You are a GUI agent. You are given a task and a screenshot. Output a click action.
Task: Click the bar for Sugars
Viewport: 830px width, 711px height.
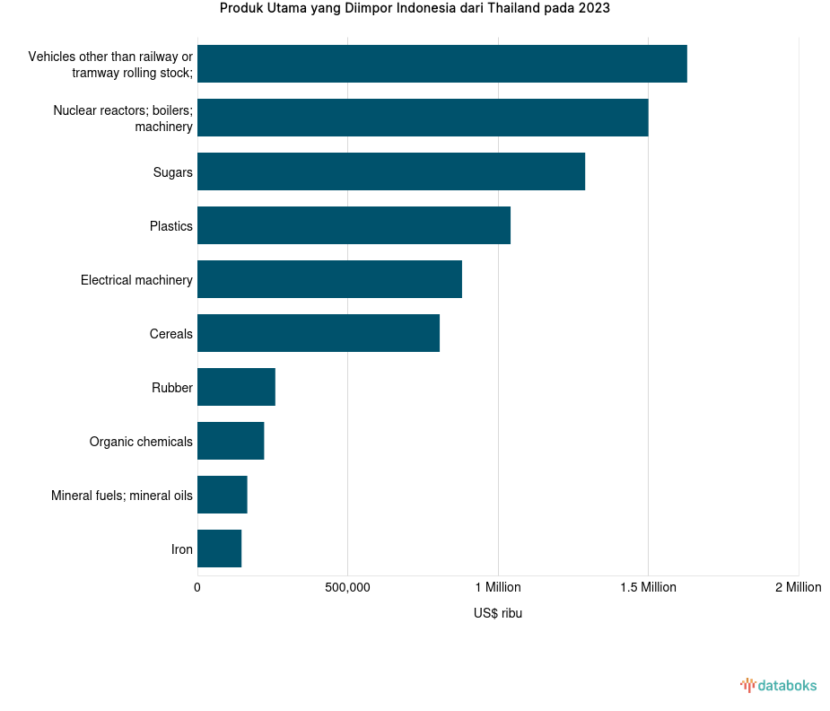pyautogui.click(x=390, y=171)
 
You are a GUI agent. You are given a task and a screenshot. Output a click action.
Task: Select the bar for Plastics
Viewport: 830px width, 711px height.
pyautogui.click(x=354, y=225)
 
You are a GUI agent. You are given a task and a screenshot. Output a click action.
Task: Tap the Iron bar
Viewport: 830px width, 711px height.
pyautogui.click(x=219, y=549)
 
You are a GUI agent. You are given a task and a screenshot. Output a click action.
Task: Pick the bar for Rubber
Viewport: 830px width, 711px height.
pyautogui.click(x=236, y=387)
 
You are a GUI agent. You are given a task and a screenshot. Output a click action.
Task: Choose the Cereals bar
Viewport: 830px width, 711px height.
pyautogui.click(x=319, y=333)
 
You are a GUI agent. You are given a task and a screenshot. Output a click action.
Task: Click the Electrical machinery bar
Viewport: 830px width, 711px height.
pyautogui.click(x=329, y=279)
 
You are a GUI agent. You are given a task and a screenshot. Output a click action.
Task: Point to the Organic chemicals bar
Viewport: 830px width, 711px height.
pyautogui.click(x=231, y=441)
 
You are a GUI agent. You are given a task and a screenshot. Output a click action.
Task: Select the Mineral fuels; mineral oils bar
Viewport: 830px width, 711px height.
pyautogui.click(x=222, y=495)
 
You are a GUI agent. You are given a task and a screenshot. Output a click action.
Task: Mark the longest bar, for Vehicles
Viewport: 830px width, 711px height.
pyautogui.click(x=441, y=64)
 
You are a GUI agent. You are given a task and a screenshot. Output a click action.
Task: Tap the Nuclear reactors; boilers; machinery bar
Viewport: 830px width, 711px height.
pyautogui.click(x=423, y=118)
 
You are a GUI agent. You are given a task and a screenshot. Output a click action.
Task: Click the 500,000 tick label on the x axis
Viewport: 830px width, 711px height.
pyautogui.click(x=347, y=587)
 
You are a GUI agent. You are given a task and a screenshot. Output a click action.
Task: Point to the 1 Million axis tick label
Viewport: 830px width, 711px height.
pyautogui.click(x=497, y=587)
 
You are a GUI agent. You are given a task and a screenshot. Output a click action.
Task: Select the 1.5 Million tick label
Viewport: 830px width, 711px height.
pyautogui.click(x=647, y=587)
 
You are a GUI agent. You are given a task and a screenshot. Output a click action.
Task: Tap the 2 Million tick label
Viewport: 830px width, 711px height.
pyautogui.click(x=797, y=587)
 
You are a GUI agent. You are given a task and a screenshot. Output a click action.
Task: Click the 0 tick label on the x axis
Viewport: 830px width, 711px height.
pyautogui.click(x=197, y=587)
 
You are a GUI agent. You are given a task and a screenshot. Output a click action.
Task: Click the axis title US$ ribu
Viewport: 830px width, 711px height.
pyautogui.click(x=497, y=614)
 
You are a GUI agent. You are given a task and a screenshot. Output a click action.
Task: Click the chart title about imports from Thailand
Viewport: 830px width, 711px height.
pyautogui.click(x=415, y=9)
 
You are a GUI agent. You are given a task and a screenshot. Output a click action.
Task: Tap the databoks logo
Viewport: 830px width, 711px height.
pyautogui.click(x=778, y=686)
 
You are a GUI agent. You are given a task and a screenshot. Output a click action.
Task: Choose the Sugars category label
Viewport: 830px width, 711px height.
pyautogui.click(x=172, y=172)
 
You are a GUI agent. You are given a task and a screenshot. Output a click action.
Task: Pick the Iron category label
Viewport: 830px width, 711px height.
pyautogui.click(x=181, y=549)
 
